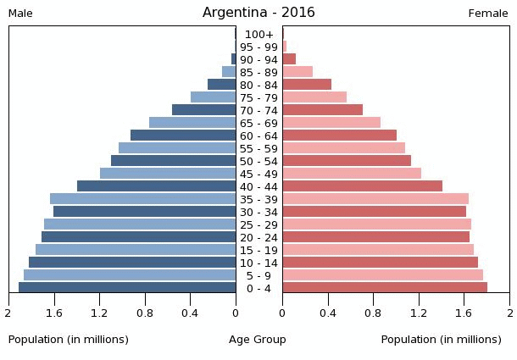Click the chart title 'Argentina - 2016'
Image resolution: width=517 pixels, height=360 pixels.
coord(258,13)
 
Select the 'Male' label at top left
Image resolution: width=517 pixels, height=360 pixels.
coord(20,14)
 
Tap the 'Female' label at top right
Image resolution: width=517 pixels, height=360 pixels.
coord(488,14)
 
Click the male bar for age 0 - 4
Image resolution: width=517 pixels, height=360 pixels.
coord(127,288)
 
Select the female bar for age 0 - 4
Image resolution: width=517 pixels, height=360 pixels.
coord(385,288)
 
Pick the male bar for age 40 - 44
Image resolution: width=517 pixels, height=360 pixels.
coord(156,186)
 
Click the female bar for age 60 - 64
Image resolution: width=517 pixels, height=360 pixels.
coord(339,136)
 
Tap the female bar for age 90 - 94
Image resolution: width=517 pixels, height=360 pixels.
coord(289,59)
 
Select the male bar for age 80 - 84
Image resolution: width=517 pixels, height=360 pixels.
coord(221,85)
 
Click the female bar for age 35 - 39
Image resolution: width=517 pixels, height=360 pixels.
coord(375,199)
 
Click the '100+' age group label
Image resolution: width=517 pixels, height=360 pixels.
coord(258,35)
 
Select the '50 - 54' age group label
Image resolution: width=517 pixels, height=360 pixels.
coord(258,162)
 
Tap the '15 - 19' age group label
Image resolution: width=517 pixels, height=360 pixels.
coord(258,251)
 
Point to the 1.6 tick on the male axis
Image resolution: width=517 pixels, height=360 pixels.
coord(54,313)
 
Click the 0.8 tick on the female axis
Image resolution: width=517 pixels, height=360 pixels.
coord(373,313)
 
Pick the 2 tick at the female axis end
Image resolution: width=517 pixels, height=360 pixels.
coord(509,313)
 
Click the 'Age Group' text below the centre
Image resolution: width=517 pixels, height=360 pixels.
coord(258,340)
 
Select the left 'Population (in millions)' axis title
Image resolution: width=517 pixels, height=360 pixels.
coord(69,340)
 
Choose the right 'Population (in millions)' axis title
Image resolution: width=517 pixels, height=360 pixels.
coord(441,340)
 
